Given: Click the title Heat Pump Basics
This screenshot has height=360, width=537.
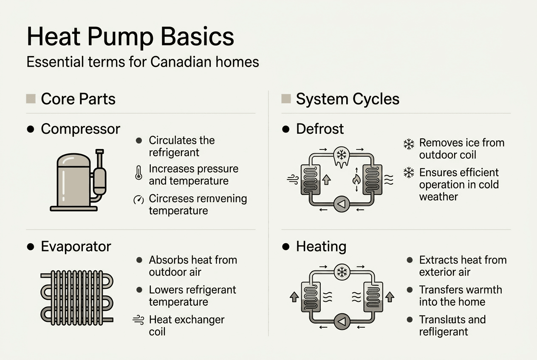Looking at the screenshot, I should pos(130,37).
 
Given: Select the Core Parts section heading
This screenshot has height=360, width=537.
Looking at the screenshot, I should pos(78,99).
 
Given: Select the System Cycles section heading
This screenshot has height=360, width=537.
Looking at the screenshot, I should pos(348,99).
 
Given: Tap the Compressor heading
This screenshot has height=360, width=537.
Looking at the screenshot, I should pos(80,129).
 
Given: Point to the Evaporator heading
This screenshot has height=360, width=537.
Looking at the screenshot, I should pos(76,247).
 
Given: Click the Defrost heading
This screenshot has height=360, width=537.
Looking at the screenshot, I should pos(319,129).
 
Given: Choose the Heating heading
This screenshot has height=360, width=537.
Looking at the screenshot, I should pos(321,247).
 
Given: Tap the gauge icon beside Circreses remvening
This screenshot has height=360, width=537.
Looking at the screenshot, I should pos(138,200).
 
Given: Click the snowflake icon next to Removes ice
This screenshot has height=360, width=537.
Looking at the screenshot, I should pos(409,144).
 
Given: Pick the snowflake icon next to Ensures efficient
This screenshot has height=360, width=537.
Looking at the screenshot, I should pos(409,173).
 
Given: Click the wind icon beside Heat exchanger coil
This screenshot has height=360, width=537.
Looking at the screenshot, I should pos(138,320).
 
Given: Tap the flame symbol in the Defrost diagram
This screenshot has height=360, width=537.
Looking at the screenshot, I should pos(356,180).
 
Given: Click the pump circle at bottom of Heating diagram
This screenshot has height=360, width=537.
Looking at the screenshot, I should pos(342,321).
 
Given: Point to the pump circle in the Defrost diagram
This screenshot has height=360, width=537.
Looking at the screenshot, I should pos(342,204).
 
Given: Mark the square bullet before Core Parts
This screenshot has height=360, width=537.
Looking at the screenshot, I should pos(31,99).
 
